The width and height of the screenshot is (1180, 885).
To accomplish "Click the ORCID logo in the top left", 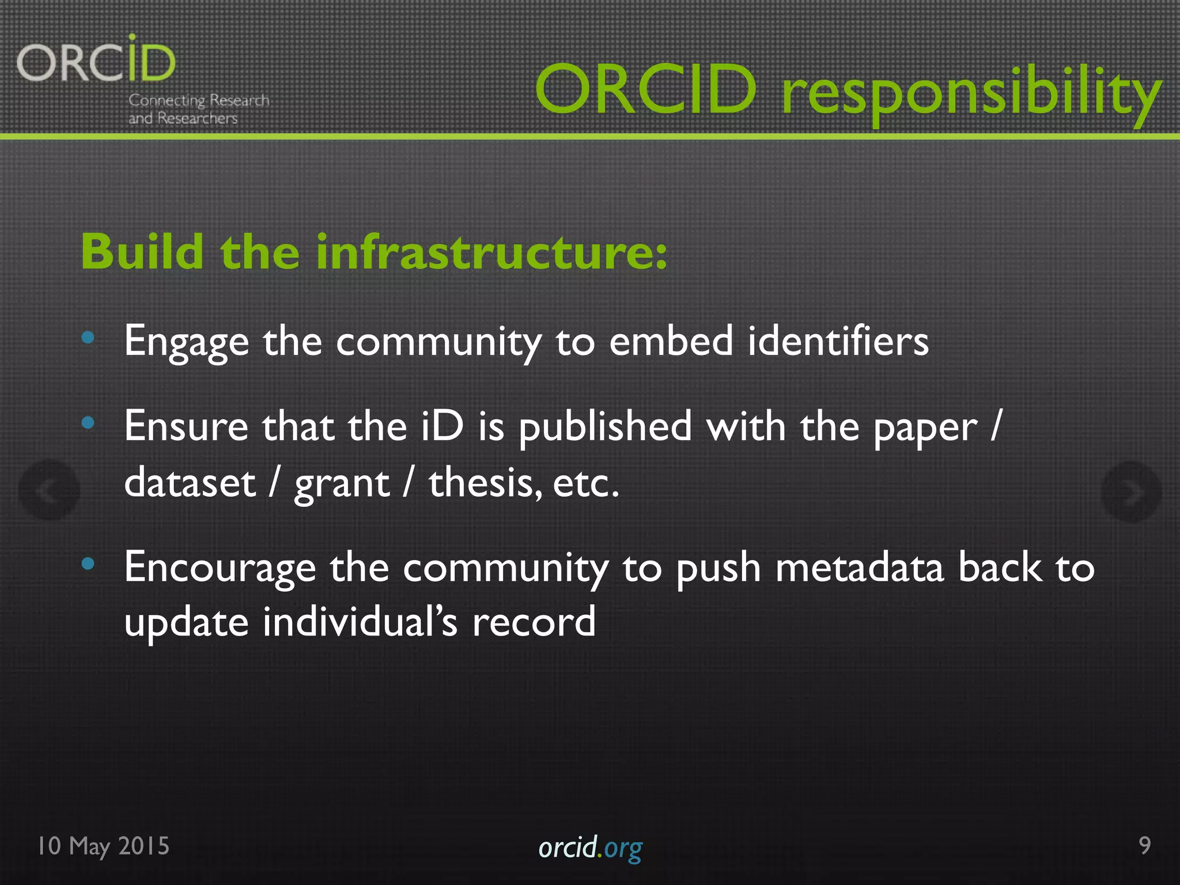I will (96, 60).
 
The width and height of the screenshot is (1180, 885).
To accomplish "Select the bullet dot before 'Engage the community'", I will (88, 337).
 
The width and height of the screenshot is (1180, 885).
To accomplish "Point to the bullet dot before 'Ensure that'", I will (88, 423).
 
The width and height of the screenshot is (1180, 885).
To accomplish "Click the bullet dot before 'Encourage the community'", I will (88, 563).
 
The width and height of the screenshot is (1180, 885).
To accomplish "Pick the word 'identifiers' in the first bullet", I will (838, 341).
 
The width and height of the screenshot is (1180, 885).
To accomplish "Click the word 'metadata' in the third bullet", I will (859, 568).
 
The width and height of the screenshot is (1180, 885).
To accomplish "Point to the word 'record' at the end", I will (534, 622).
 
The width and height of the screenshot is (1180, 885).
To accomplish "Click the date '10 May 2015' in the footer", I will (104, 846).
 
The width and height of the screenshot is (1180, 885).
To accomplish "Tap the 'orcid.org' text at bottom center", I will (590, 848).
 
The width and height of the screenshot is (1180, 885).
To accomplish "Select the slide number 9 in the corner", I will (1144, 845).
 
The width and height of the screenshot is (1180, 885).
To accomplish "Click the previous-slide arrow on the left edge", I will (49, 490).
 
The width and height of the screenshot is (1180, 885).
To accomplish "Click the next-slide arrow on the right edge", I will (1130, 491).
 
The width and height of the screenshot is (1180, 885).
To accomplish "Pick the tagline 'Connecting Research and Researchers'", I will (198, 109).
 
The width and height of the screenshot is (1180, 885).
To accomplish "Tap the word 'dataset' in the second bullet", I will (190, 482).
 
